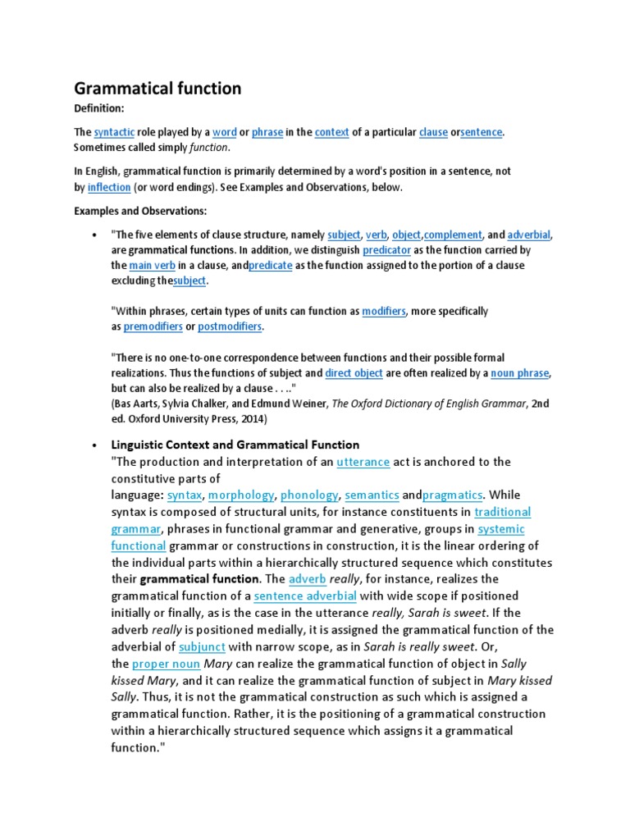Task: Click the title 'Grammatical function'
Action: tap(157, 88)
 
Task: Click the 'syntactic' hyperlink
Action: tap(112, 132)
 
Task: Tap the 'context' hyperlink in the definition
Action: tap(332, 132)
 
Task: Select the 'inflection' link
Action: tap(109, 187)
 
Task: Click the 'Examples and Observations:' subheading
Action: tap(139, 211)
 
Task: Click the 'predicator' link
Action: tap(386, 250)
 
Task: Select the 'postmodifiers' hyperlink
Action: tap(230, 326)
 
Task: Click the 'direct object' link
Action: tap(354, 373)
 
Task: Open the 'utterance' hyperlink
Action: tap(363, 462)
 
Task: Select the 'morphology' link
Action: tap(242, 495)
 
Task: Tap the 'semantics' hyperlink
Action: tap(372, 495)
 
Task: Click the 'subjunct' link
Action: tap(202, 646)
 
